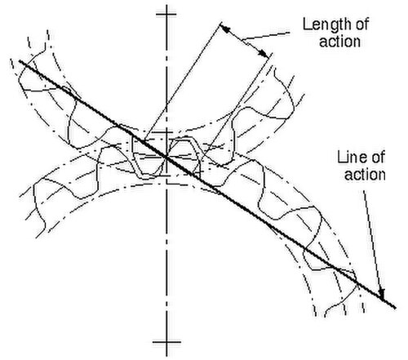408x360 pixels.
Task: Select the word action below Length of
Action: coord(340,42)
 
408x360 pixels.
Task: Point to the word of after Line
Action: coord(377,158)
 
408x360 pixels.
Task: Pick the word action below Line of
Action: coord(365,175)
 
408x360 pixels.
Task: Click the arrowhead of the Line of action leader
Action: coord(381,293)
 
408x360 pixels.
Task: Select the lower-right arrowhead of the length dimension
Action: coord(264,53)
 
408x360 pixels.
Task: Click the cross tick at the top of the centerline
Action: coord(166,14)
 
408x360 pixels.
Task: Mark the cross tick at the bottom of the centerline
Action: coord(166,342)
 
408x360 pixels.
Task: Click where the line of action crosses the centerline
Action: coord(166,157)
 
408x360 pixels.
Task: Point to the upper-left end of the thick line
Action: coord(20,61)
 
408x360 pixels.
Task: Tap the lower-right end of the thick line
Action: coord(395,308)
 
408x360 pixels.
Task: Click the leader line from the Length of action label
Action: coord(267,37)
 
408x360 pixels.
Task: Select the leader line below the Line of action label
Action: coord(373,239)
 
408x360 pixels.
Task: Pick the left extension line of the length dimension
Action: coord(183,81)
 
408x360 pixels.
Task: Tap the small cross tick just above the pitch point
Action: coord(166,132)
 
